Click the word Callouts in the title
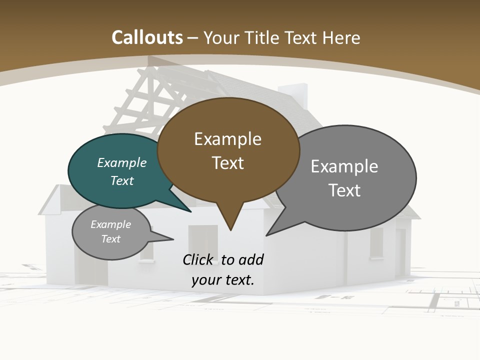[147, 37]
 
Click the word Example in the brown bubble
[227, 139]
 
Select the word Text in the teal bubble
[122, 180]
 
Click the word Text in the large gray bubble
[344, 190]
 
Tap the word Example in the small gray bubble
[110, 224]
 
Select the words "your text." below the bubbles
[223, 280]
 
